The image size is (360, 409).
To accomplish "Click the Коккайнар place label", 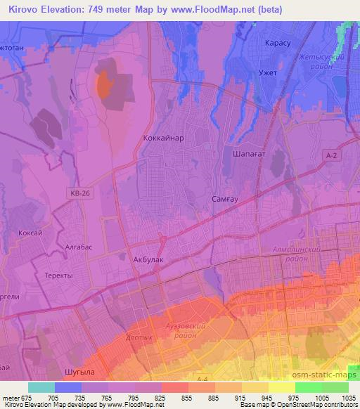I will coord(162,138).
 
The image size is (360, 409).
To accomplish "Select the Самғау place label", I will coord(226,200).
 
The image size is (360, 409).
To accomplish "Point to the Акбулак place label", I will coord(148,259).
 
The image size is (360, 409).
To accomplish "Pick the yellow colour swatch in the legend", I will coord(281,387).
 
